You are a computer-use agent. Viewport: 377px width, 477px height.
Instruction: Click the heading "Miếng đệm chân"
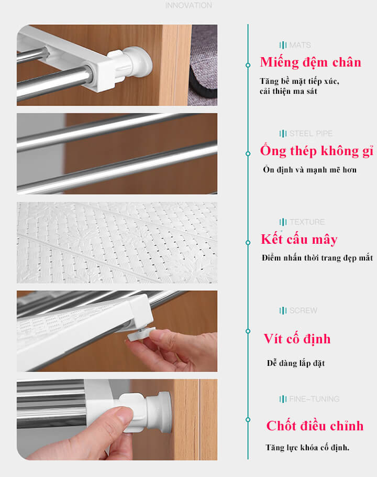[x=311, y=63]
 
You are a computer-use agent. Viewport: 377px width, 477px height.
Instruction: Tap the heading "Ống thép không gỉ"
[x=317, y=151]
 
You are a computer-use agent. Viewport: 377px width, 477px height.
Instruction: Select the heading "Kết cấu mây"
[x=299, y=240]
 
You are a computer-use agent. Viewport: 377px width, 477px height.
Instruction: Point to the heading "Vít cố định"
[x=297, y=339]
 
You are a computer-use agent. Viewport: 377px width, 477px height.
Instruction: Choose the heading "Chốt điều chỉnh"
[x=315, y=426]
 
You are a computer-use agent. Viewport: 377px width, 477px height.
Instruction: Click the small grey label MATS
[x=300, y=45]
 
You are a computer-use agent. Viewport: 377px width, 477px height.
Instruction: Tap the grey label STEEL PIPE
[x=311, y=134]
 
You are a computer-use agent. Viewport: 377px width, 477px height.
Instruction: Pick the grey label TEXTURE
[x=307, y=222]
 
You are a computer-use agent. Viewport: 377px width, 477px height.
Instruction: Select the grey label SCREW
[x=303, y=311]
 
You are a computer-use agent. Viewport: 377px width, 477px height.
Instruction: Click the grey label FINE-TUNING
[x=314, y=399]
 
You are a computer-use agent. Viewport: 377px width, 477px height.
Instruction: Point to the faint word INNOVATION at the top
[x=188, y=5]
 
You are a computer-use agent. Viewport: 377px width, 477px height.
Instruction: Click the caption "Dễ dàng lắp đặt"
[x=296, y=363]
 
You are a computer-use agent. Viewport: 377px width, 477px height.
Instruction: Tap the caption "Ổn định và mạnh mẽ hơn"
[x=309, y=170]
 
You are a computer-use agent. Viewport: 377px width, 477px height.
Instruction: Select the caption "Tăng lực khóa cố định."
[x=307, y=448]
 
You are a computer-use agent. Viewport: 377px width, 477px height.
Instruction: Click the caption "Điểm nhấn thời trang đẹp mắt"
[x=317, y=258]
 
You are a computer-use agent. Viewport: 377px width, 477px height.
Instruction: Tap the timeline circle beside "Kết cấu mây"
[x=248, y=243]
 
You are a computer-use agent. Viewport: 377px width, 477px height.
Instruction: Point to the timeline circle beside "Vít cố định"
[x=248, y=331]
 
